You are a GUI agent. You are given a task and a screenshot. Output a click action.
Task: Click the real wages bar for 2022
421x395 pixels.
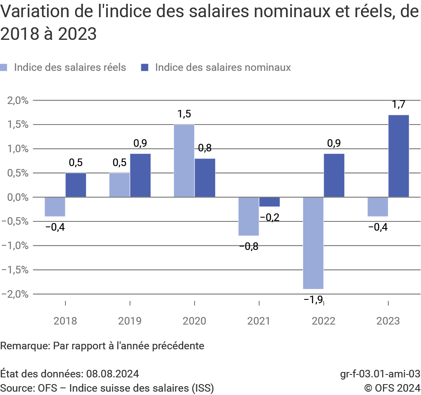(x=313, y=243)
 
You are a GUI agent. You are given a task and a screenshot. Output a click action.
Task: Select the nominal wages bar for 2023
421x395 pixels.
(x=398, y=156)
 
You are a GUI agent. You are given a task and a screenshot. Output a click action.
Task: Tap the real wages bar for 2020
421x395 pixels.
(x=184, y=161)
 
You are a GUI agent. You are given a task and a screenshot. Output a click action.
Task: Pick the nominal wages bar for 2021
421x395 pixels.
(x=270, y=202)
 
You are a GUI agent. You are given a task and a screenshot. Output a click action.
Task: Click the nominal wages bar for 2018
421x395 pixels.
(x=76, y=185)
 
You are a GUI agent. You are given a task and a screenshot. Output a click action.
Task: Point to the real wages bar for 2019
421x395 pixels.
(x=120, y=185)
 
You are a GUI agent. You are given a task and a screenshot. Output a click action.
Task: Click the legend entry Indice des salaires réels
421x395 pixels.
(x=70, y=68)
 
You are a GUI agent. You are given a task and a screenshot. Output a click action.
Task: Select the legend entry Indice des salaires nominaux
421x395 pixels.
(x=222, y=68)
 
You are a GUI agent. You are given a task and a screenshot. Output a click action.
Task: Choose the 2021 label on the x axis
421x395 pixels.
(x=259, y=321)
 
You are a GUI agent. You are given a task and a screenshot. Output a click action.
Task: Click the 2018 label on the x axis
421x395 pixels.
(x=65, y=321)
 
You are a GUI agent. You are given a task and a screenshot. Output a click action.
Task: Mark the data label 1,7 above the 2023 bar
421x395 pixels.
(x=398, y=105)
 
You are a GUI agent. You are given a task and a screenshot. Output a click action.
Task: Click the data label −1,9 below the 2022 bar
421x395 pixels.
(x=313, y=300)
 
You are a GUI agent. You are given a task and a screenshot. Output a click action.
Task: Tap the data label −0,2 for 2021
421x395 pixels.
(x=270, y=218)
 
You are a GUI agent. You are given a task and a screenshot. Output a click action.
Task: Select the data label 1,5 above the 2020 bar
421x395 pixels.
(x=184, y=114)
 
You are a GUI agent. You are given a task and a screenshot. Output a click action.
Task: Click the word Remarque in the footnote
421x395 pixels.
(x=25, y=346)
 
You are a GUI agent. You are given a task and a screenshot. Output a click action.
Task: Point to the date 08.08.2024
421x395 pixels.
(x=112, y=374)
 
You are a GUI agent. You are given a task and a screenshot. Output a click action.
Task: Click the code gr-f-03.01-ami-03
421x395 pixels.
(x=380, y=374)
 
